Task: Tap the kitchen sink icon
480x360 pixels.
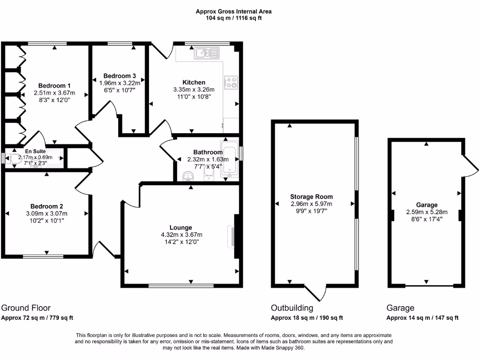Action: (x=207, y=53)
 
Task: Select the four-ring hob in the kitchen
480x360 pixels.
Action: (x=231, y=82)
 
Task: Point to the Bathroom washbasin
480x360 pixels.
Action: (x=189, y=176)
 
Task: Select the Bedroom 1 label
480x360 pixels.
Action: (x=54, y=86)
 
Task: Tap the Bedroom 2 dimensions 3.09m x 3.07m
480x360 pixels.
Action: (x=47, y=213)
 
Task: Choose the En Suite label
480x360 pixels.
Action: (x=36, y=151)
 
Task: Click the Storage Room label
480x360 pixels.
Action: (x=311, y=197)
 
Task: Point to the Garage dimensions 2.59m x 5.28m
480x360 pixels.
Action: (x=427, y=212)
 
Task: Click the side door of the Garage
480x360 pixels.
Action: (x=470, y=164)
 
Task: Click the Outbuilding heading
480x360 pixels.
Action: (x=292, y=308)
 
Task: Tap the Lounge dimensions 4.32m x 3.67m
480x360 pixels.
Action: (x=180, y=235)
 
